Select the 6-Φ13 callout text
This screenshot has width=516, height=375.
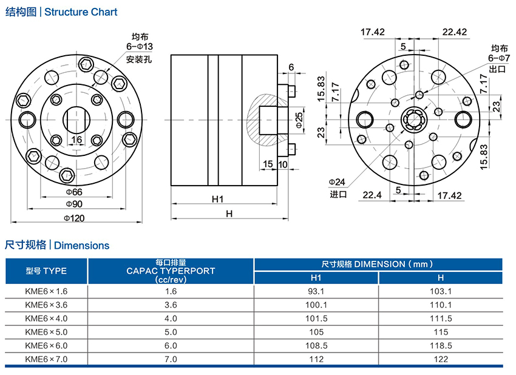tap(138, 47)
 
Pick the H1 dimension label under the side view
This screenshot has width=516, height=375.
tap(217, 199)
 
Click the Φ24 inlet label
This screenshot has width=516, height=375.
tap(337, 182)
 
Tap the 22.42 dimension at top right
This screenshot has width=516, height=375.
tap(454, 32)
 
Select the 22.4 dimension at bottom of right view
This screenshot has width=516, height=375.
tap(372, 195)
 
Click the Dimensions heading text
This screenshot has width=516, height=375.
tap(81, 246)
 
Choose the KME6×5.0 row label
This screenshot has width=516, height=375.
tap(46, 332)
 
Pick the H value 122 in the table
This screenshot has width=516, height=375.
tap(441, 359)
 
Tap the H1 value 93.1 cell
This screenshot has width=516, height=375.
tap(316, 291)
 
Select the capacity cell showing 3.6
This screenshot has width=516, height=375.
tap(171, 305)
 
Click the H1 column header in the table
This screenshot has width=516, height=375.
tap(316, 278)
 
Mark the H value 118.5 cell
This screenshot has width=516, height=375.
tap(441, 345)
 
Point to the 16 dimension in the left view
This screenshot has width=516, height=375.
tap(76, 140)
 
